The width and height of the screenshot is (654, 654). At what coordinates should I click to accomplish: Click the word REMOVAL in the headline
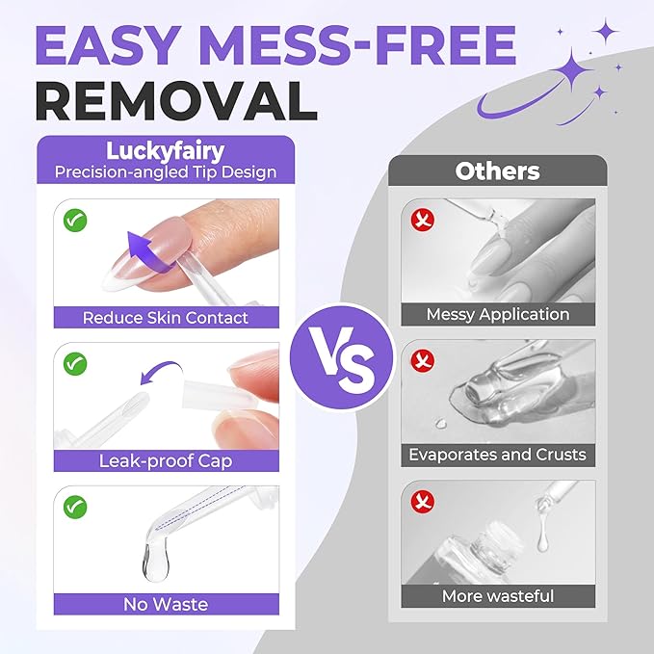point(176,100)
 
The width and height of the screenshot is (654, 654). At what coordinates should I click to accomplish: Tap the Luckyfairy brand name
point(165,150)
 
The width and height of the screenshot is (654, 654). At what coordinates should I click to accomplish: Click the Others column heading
point(497,171)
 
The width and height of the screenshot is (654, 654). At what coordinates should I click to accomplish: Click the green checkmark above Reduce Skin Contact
point(75,221)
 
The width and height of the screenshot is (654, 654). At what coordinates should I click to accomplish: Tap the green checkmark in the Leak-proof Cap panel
point(75,364)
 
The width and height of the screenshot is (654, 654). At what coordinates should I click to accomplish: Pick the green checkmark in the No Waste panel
point(75,507)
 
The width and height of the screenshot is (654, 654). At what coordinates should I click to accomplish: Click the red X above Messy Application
point(423,220)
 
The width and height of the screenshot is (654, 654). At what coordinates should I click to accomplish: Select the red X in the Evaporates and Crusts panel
point(423,360)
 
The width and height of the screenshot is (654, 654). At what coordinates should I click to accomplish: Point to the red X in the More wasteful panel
point(423,502)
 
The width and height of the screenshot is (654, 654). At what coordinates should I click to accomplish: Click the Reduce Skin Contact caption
point(166,318)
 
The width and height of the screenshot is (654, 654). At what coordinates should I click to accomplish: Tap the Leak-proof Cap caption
point(166,461)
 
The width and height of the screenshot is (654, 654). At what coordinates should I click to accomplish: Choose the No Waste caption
point(166,604)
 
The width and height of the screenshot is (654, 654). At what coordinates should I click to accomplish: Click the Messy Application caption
point(498,315)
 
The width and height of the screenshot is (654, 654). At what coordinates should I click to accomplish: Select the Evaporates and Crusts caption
point(498,455)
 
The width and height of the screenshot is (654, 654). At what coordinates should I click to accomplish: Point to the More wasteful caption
point(498,596)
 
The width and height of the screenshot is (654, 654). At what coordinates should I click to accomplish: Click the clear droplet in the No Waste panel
point(156,563)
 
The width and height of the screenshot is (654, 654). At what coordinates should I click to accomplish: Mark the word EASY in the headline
point(109,45)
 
